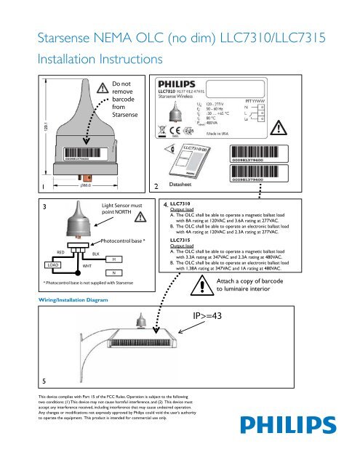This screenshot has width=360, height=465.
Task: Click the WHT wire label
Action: pyautogui.click(x=87, y=267)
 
